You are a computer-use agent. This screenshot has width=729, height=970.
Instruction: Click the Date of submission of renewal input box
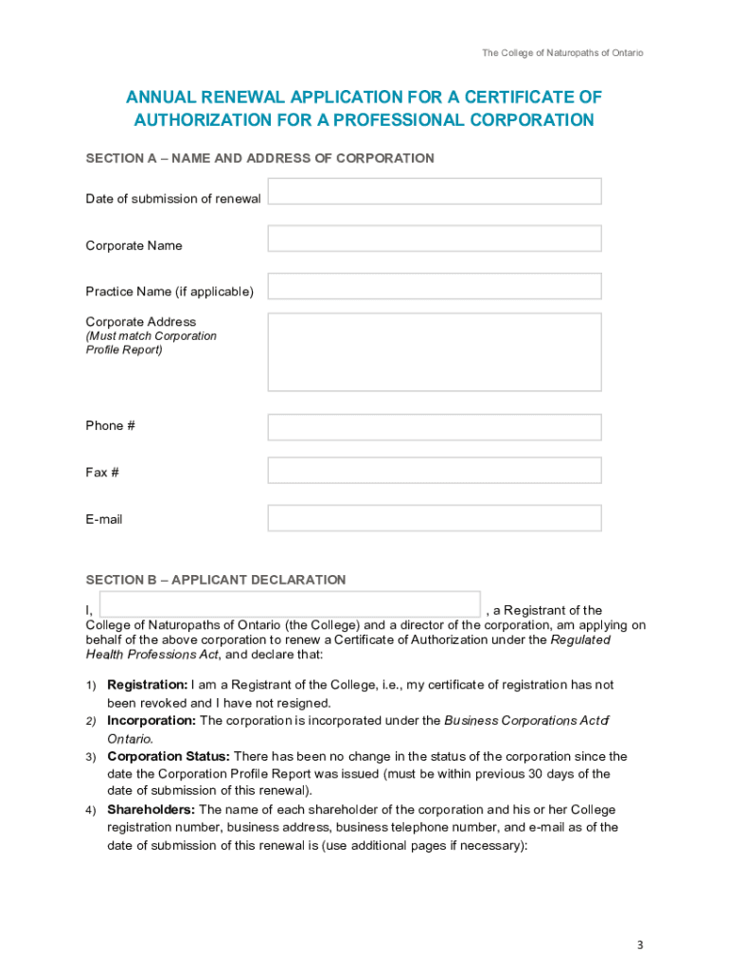click(x=435, y=191)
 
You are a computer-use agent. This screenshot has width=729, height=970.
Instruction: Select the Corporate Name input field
click(x=435, y=239)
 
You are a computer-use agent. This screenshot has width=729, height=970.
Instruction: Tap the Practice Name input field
click(x=435, y=286)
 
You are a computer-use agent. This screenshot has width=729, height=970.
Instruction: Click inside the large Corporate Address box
click(x=435, y=352)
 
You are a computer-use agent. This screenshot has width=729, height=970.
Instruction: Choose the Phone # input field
click(x=435, y=427)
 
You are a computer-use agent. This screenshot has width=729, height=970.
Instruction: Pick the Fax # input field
click(x=435, y=471)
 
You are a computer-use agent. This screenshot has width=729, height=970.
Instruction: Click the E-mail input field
click(x=435, y=518)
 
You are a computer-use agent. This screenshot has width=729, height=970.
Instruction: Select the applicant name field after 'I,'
click(x=290, y=604)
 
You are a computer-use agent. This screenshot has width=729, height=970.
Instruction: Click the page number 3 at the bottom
click(x=640, y=945)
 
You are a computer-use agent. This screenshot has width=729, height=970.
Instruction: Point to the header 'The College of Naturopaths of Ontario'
click(x=562, y=53)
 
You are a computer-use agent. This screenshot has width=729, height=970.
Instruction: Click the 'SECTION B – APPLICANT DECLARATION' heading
click(x=216, y=580)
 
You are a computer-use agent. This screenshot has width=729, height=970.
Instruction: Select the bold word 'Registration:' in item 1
click(x=147, y=685)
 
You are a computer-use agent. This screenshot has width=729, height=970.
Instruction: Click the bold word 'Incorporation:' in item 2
click(x=151, y=721)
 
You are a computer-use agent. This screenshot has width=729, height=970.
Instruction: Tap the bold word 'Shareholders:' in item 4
click(x=151, y=810)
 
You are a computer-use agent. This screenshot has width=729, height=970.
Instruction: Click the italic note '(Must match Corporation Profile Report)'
click(x=151, y=343)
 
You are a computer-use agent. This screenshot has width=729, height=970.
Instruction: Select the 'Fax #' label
click(x=102, y=472)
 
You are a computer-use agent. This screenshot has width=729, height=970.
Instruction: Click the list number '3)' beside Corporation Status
click(x=91, y=758)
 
